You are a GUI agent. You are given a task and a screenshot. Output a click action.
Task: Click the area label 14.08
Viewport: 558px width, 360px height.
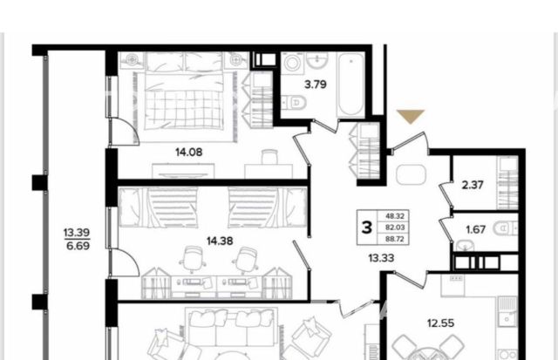189,153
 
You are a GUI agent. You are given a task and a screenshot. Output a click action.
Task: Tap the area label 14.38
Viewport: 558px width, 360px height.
220,241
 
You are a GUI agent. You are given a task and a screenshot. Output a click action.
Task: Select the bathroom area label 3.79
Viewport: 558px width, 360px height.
316,85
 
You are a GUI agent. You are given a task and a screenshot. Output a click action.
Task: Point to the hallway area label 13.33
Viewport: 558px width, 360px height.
381,258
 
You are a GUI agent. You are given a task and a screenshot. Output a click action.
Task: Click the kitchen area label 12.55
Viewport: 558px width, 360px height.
440,323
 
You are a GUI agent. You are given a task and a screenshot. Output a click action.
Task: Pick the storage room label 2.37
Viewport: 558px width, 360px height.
473,185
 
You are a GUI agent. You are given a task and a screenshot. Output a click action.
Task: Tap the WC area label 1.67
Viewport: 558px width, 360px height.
476,229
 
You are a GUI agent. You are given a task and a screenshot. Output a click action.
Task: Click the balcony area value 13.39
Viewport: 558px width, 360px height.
77,233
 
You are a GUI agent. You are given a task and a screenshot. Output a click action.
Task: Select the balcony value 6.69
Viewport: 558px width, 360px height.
78,246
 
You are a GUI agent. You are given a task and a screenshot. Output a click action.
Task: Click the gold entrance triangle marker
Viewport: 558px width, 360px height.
411,115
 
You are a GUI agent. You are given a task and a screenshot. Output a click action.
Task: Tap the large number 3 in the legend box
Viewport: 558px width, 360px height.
367,227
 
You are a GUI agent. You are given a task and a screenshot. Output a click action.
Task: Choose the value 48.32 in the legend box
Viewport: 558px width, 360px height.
395,216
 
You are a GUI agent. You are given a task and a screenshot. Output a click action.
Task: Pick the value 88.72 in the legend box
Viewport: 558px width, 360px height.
395,239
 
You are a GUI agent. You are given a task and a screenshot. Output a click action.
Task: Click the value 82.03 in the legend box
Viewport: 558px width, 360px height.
395,228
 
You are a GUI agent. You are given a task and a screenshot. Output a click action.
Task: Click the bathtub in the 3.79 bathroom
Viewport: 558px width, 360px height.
351,85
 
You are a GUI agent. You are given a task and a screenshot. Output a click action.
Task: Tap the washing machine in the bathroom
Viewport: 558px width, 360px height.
293,64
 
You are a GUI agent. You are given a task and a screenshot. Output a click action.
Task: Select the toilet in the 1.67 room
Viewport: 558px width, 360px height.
505,228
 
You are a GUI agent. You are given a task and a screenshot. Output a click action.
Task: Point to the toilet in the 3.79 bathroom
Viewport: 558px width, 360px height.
295,103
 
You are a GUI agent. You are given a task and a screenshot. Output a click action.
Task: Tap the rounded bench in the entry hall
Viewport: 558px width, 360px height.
411,174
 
